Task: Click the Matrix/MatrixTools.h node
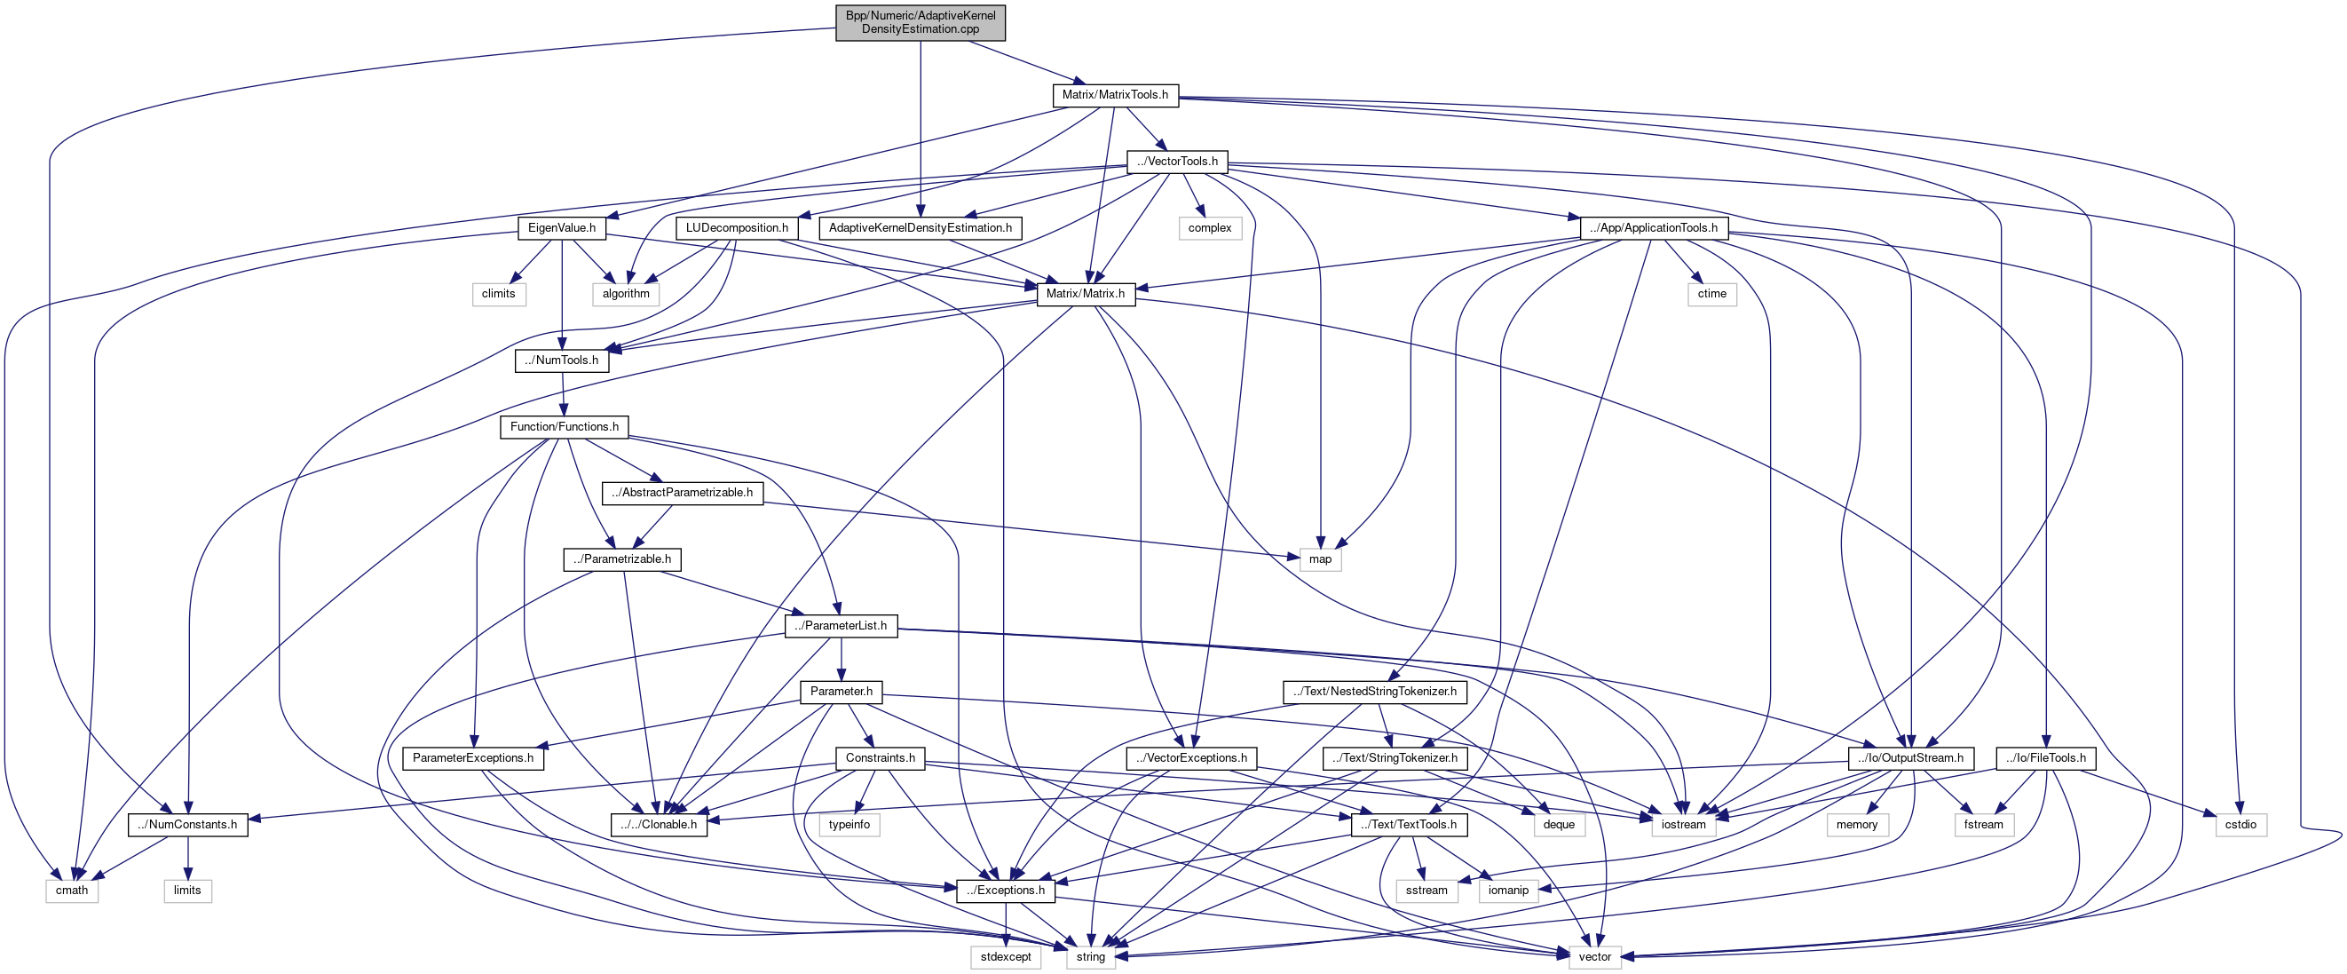pyautogui.click(x=1114, y=95)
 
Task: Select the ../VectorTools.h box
pyautogui.click(x=1177, y=162)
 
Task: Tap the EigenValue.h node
pyautogui.click(x=561, y=228)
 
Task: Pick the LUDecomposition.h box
pyautogui.click(x=736, y=228)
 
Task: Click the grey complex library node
pyautogui.click(x=1209, y=228)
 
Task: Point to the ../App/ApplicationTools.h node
pyautogui.click(x=1653, y=228)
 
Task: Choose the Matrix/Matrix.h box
pyautogui.click(x=1085, y=293)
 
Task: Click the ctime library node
pyautogui.click(x=1711, y=293)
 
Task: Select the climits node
pyautogui.click(x=498, y=293)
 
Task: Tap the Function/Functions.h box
pyautogui.click(x=564, y=426)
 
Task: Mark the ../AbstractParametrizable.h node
pyautogui.click(x=683, y=493)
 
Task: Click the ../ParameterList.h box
pyautogui.click(x=840, y=626)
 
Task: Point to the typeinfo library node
pyautogui.click(x=850, y=825)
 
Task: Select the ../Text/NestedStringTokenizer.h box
pyautogui.click(x=1374, y=692)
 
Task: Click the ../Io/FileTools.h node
pyautogui.click(x=2045, y=758)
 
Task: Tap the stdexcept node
pyautogui.click(x=1006, y=957)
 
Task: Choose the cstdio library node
pyautogui.click(x=2240, y=825)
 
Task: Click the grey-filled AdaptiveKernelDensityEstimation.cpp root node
pyautogui.click(x=920, y=22)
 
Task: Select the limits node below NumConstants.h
pyautogui.click(x=187, y=891)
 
